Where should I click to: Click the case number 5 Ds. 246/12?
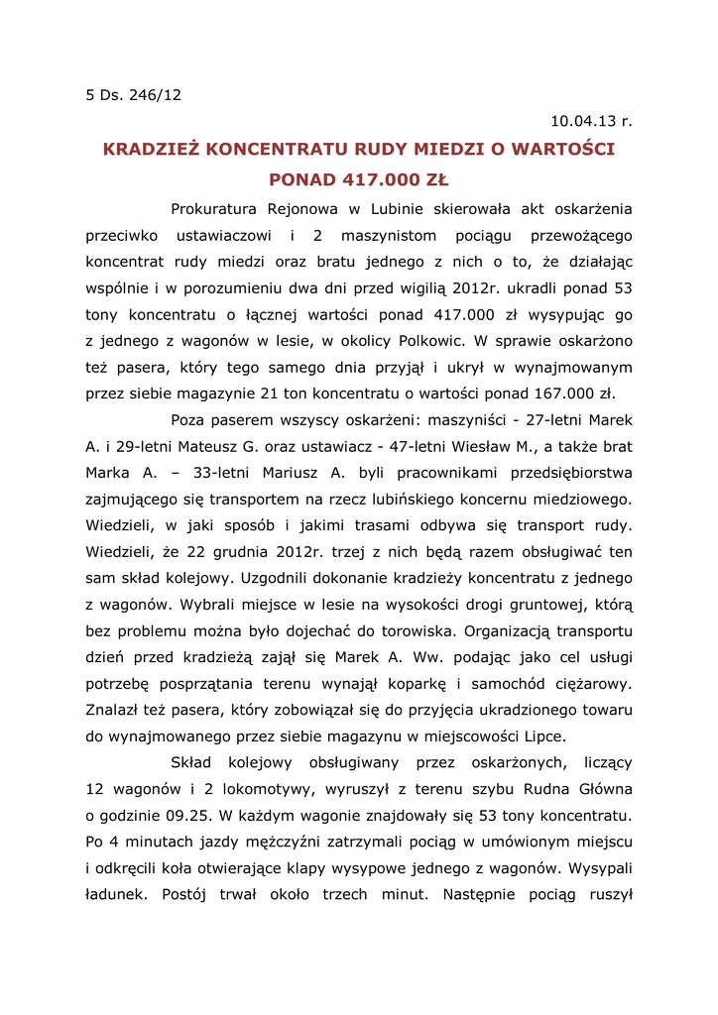(x=134, y=95)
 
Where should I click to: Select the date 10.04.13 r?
(x=591, y=122)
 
